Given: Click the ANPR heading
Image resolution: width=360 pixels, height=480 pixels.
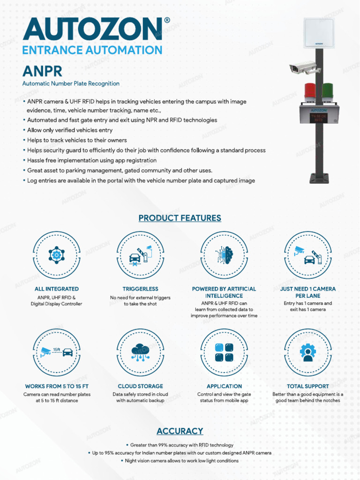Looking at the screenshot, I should tap(42, 71).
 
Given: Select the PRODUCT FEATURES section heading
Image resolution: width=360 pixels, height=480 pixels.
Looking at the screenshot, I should tap(180, 218).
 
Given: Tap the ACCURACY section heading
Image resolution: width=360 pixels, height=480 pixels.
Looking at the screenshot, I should tap(180, 431).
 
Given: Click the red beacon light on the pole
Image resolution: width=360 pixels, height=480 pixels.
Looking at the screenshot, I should tap(310, 91).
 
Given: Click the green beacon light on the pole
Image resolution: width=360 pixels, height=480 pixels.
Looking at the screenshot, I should tap(328, 91).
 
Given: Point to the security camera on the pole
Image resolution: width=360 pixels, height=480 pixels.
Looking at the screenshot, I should tap(304, 68).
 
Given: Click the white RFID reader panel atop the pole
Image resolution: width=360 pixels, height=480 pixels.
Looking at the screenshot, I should tap(319, 33).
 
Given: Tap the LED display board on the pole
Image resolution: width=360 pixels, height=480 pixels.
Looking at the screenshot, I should tap(319, 115).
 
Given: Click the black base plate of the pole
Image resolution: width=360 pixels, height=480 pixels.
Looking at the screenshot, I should tap(319, 178).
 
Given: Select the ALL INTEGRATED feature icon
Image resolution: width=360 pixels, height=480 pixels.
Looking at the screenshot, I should tap(57, 255).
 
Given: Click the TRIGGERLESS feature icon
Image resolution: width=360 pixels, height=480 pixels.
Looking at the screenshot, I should tap(141, 255).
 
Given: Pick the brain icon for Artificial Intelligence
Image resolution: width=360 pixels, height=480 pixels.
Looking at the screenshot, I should tap(224, 255).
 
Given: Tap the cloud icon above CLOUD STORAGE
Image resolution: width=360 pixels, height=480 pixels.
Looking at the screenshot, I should tap(141, 352).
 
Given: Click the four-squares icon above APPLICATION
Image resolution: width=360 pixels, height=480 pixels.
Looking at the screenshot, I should tap(224, 352).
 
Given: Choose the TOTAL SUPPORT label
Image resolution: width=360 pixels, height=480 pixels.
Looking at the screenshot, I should tap(308, 386).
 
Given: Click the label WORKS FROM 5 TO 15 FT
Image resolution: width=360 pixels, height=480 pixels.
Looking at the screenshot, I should tap(57, 386).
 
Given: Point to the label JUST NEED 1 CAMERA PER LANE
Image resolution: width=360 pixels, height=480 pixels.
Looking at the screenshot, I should tap(308, 292).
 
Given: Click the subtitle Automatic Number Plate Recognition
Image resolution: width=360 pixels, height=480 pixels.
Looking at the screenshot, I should tap(71, 83).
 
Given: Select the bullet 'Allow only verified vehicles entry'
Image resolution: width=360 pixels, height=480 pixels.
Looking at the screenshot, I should tap(69, 130).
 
